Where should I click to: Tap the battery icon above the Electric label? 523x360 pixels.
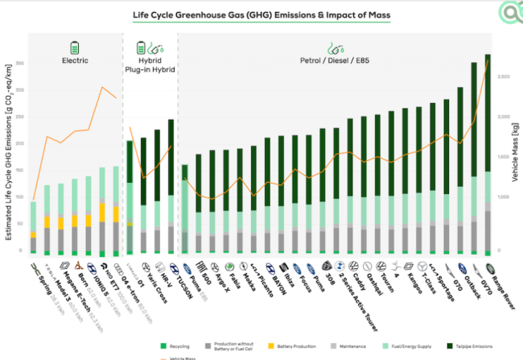pyautogui.click(x=75, y=48)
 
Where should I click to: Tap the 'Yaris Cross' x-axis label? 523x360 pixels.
pyautogui.click(x=152, y=279)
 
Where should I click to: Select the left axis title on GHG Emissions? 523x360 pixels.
pyautogui.click(x=10, y=152)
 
